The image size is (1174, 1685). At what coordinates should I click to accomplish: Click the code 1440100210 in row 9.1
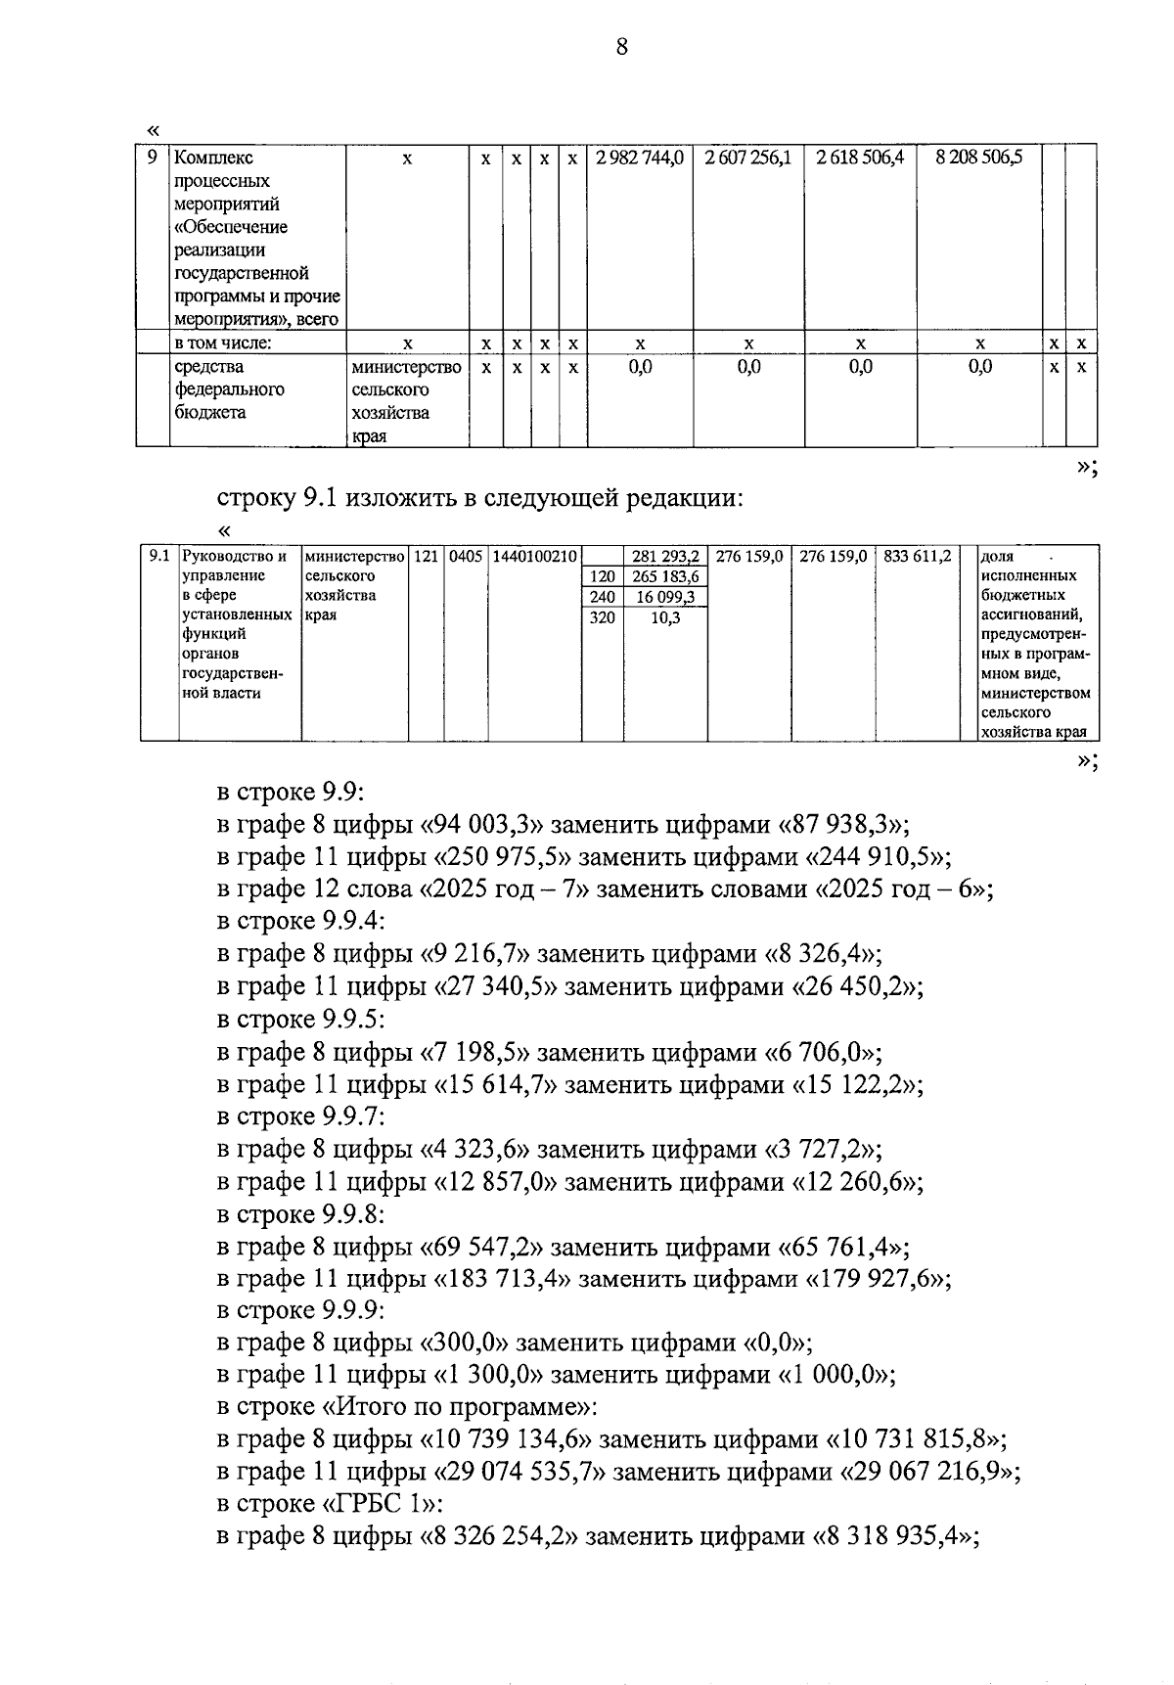click(535, 557)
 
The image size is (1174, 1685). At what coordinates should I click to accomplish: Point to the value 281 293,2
click(665, 557)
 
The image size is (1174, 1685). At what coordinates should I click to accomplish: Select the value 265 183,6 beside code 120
click(665, 576)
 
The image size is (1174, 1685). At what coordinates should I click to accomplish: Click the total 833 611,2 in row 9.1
click(917, 557)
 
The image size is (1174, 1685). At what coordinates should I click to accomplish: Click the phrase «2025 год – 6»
click(901, 889)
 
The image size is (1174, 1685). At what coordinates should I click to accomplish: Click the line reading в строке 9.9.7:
click(301, 1116)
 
